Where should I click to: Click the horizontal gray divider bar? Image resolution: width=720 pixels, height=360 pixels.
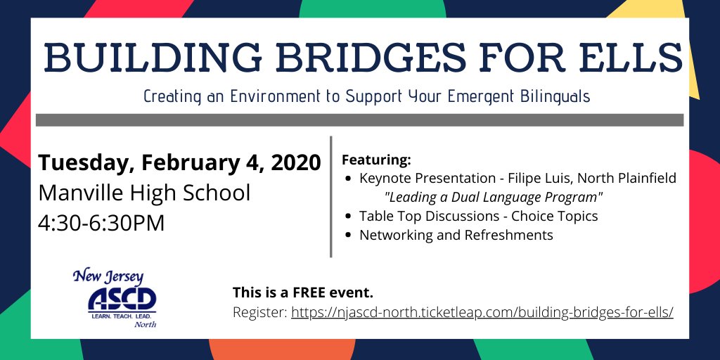point(359,120)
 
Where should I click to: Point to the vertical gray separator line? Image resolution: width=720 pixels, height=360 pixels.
point(330,197)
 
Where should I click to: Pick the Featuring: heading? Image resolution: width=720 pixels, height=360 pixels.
point(375,159)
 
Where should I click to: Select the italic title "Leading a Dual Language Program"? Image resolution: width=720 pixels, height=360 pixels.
point(494,197)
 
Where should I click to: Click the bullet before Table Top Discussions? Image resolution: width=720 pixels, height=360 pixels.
point(349,217)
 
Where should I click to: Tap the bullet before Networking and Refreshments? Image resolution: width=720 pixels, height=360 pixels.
point(349,236)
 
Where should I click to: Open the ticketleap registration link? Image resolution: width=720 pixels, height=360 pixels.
point(482,311)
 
